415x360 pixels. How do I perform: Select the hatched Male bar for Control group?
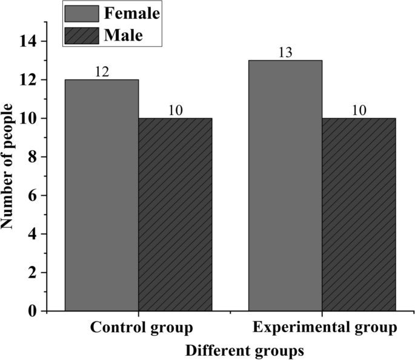(175, 215)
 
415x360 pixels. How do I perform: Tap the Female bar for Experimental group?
(285, 185)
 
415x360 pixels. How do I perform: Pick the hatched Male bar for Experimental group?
(359, 215)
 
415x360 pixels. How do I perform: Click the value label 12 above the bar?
(102, 72)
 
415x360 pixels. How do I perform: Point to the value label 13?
(285, 52)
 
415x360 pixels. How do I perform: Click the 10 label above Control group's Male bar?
(175, 110)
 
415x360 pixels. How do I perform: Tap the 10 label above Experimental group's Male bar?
(359, 110)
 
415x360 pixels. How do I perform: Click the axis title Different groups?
(244, 350)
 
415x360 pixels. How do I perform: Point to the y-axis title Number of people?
(8, 165)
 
